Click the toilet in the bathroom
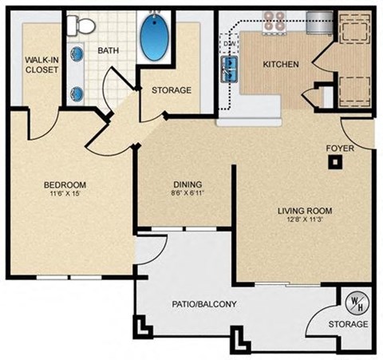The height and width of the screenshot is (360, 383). (77, 26)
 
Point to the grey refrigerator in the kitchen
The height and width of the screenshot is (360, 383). (318, 22)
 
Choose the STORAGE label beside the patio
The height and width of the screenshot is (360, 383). (349, 324)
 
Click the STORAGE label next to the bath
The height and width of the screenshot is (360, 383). (172, 90)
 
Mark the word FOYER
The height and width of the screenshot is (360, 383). (341, 148)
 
